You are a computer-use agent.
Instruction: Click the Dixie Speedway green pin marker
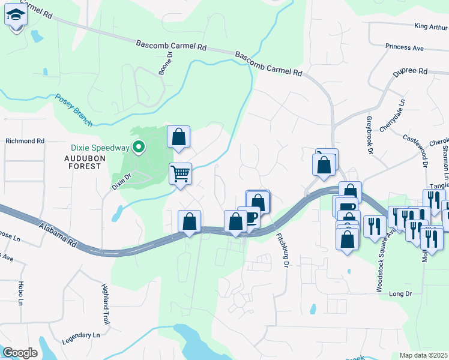[139, 146]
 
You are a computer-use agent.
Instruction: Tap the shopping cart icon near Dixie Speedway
[180, 174]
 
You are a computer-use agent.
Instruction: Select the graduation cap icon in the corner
[15, 17]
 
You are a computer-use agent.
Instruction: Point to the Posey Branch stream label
[74, 110]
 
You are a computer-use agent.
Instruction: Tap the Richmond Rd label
[25, 141]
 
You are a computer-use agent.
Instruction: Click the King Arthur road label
[431, 26]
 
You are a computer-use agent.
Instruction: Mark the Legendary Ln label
[81, 338]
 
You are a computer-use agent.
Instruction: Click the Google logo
[20, 352]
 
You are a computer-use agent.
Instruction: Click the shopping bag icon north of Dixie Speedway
[179, 137]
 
